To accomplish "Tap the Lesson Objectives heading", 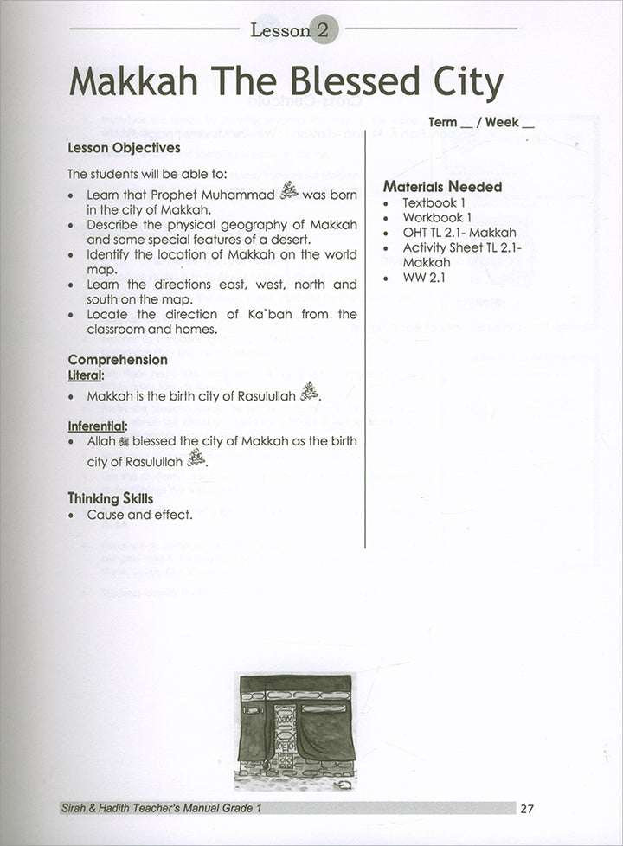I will [x=124, y=148].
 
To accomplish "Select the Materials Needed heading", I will [x=442, y=186].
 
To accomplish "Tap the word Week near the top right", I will [x=504, y=122].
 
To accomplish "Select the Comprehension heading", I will [x=118, y=359].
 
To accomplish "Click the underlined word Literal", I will [x=86, y=375].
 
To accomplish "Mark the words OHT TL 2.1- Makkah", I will [x=459, y=232].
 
